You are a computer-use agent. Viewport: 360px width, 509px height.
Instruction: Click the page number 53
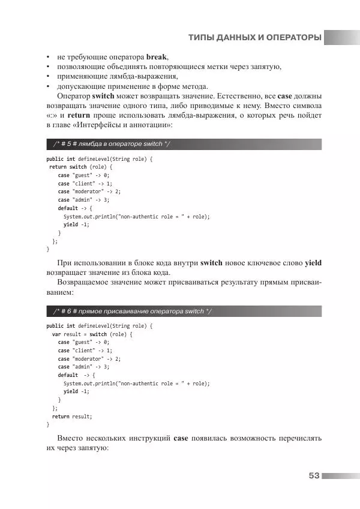click(x=313, y=475)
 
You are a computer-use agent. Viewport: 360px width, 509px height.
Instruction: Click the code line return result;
click(x=72, y=416)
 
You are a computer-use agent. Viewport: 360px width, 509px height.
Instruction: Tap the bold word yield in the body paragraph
click(x=313, y=263)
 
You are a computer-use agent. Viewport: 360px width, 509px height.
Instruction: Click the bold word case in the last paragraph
click(x=181, y=438)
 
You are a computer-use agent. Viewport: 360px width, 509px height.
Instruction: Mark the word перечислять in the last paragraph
click(x=296, y=438)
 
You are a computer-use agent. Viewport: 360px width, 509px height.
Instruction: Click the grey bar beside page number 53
click(x=341, y=475)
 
